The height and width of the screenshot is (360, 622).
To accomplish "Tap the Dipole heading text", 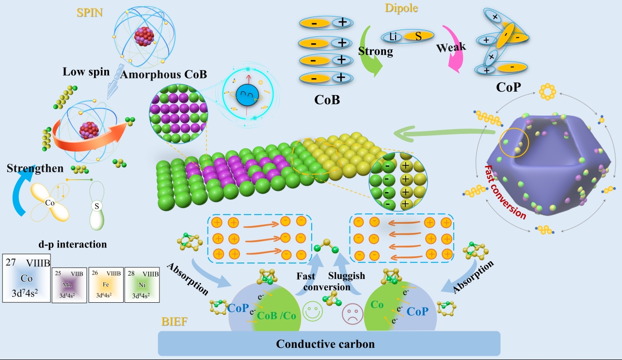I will [401, 8].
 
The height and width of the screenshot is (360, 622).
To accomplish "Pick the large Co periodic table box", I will [27, 278].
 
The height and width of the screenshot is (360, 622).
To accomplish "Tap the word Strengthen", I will [35, 168].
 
